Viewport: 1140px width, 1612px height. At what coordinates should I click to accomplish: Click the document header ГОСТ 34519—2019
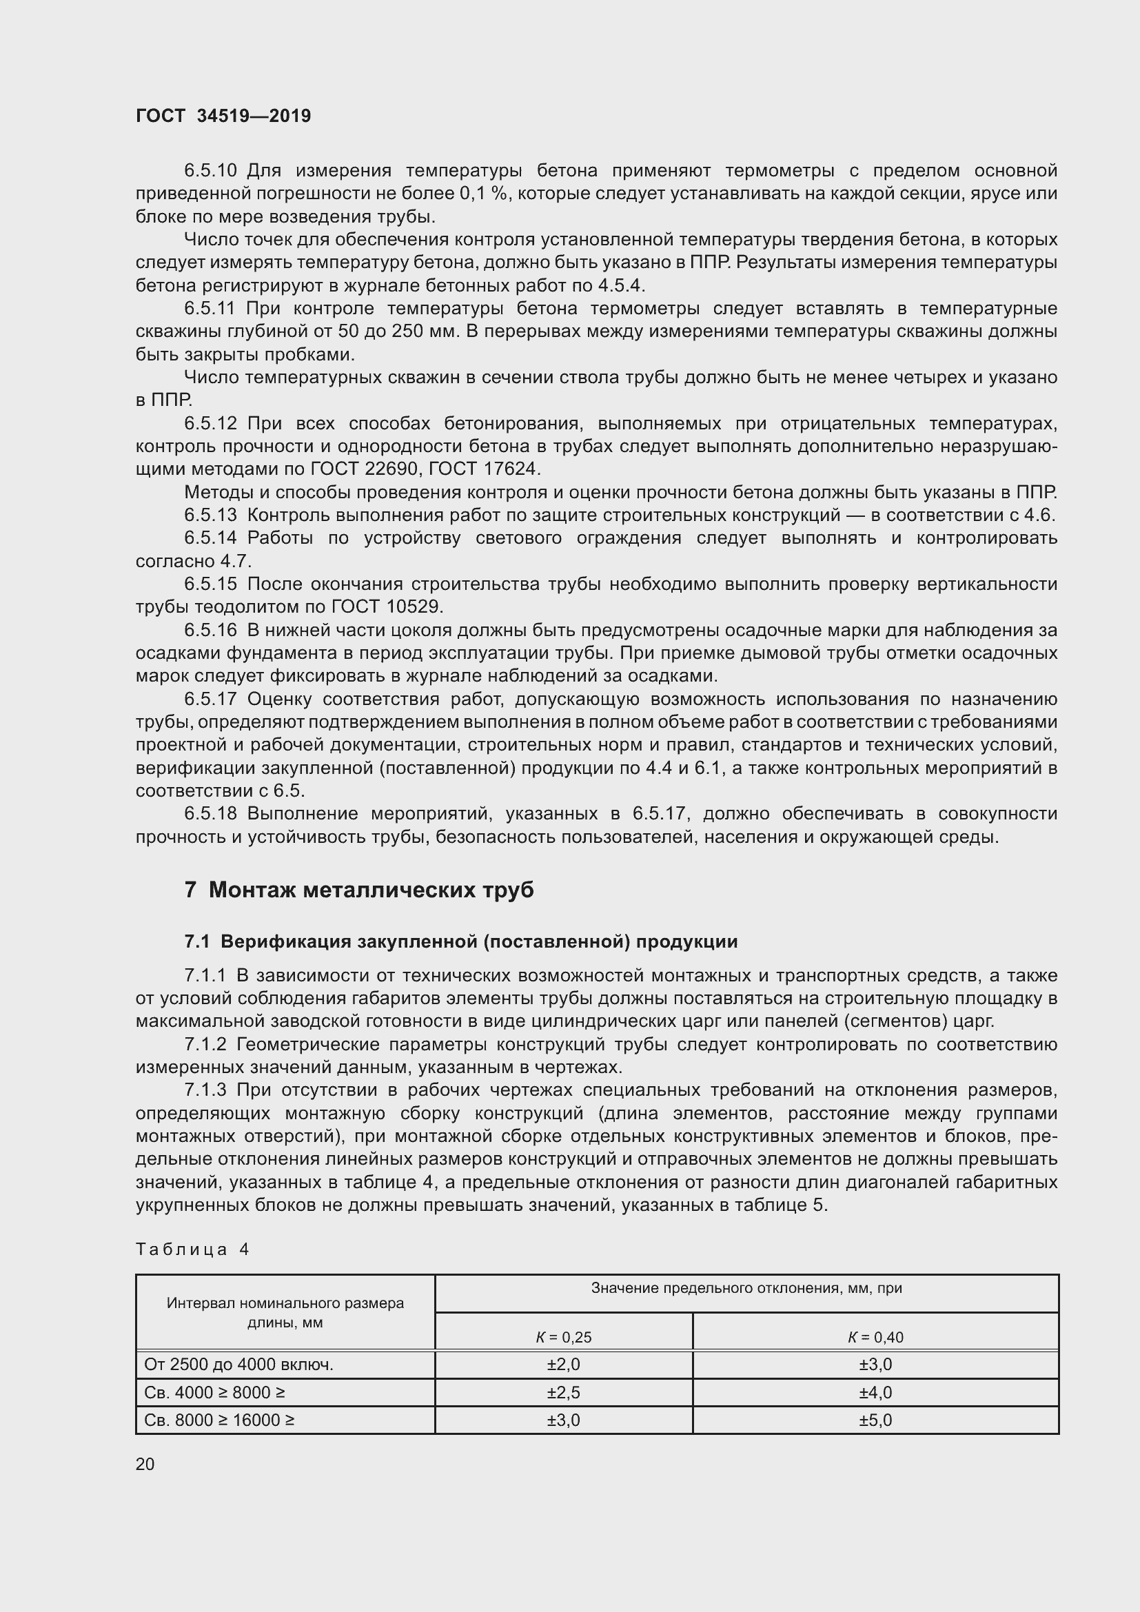click(223, 116)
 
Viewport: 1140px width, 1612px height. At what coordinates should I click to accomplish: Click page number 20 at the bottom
click(145, 1464)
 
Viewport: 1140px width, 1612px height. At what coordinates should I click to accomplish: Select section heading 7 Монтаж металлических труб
click(358, 890)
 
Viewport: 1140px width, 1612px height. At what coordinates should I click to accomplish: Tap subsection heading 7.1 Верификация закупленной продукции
click(460, 942)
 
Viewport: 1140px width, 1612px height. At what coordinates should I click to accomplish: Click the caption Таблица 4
click(192, 1249)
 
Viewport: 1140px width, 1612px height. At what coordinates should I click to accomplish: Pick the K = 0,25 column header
click(563, 1337)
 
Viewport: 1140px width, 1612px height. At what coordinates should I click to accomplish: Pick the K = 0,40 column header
click(875, 1337)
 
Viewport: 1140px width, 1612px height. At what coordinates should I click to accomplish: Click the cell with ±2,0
click(563, 1364)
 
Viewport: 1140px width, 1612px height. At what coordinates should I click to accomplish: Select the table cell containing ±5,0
click(875, 1420)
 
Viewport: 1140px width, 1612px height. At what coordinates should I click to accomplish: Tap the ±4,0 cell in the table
click(875, 1392)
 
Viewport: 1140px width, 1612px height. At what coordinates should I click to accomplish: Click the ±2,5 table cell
click(563, 1392)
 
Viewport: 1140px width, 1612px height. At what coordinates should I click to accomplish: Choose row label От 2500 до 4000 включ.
click(238, 1364)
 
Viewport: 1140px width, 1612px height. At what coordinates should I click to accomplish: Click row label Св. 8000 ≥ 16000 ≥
click(219, 1420)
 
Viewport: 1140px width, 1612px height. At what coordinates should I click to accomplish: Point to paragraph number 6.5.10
click(211, 171)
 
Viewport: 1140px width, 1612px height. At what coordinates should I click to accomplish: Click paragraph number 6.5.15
click(211, 584)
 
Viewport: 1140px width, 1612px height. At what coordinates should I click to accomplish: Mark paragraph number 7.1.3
click(205, 1090)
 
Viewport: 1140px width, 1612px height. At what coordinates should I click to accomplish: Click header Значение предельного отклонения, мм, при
click(746, 1288)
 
